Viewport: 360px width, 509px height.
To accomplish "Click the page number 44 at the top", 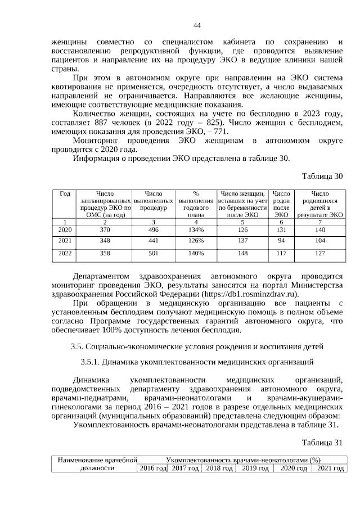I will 196,25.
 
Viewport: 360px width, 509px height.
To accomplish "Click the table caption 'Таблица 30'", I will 322,176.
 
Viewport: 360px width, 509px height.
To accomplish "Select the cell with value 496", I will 153,229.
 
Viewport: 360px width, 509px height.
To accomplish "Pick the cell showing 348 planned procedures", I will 105,240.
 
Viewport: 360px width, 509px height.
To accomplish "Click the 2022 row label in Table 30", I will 65,253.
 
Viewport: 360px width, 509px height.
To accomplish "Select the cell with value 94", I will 281,240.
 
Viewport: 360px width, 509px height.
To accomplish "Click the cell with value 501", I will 153,253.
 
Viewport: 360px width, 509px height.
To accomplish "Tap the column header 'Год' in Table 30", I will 65,193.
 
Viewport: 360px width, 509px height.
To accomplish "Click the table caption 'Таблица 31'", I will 322,442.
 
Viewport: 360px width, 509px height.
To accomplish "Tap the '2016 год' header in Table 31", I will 152,468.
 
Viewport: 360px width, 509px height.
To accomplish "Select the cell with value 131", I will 281,229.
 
